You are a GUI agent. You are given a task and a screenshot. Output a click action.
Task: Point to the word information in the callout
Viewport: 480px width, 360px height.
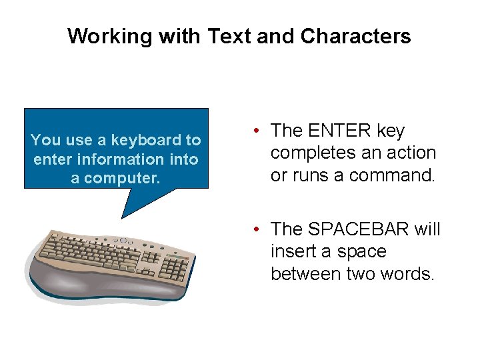click(121, 160)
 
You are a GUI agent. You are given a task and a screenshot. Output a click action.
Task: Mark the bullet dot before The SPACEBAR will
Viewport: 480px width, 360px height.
click(256, 230)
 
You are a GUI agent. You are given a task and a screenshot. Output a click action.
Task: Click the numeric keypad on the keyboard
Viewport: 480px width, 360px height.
click(175, 268)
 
